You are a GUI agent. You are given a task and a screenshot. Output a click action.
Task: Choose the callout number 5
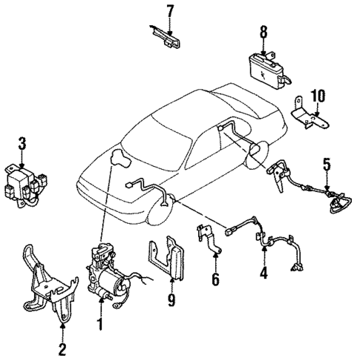click(x=325, y=164)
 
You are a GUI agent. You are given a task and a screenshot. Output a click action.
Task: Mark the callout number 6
click(x=215, y=279)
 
